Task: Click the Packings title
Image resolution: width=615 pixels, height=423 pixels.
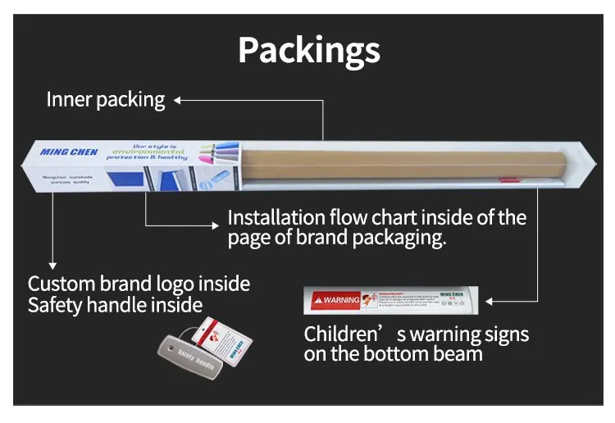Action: pyautogui.click(x=309, y=51)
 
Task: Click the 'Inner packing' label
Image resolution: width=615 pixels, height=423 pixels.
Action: pyautogui.click(x=105, y=100)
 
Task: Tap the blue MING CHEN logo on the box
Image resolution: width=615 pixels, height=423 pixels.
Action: pyautogui.click(x=68, y=152)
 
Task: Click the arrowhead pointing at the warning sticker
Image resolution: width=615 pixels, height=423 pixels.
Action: pyautogui.click(x=490, y=301)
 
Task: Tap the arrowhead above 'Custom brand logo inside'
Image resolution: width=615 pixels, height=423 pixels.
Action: pyautogui.click(x=52, y=265)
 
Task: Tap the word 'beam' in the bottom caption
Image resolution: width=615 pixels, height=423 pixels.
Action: pyautogui.click(x=454, y=354)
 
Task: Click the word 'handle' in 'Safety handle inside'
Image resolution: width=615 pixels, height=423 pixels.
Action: pyautogui.click(x=126, y=306)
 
